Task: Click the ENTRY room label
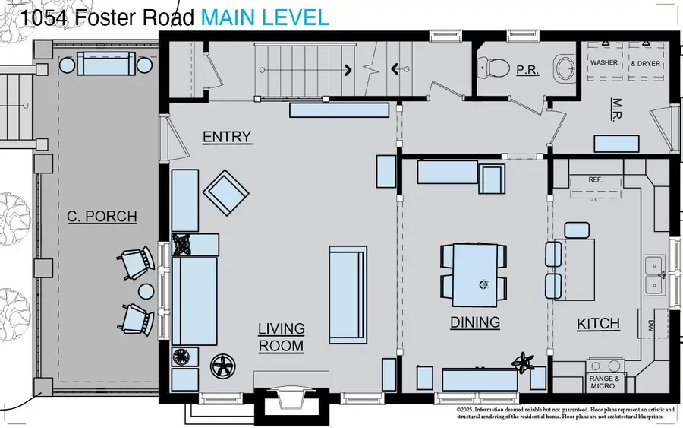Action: tap(226, 137)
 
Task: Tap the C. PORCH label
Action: tap(102, 217)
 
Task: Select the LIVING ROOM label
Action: tap(281, 338)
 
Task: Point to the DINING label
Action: tap(475, 322)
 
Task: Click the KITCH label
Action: tap(598, 324)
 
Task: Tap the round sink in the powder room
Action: tap(566, 69)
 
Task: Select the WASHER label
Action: tap(604, 63)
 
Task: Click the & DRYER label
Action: tap(646, 63)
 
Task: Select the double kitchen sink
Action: tap(653, 275)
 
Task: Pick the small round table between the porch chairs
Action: tap(146, 290)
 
